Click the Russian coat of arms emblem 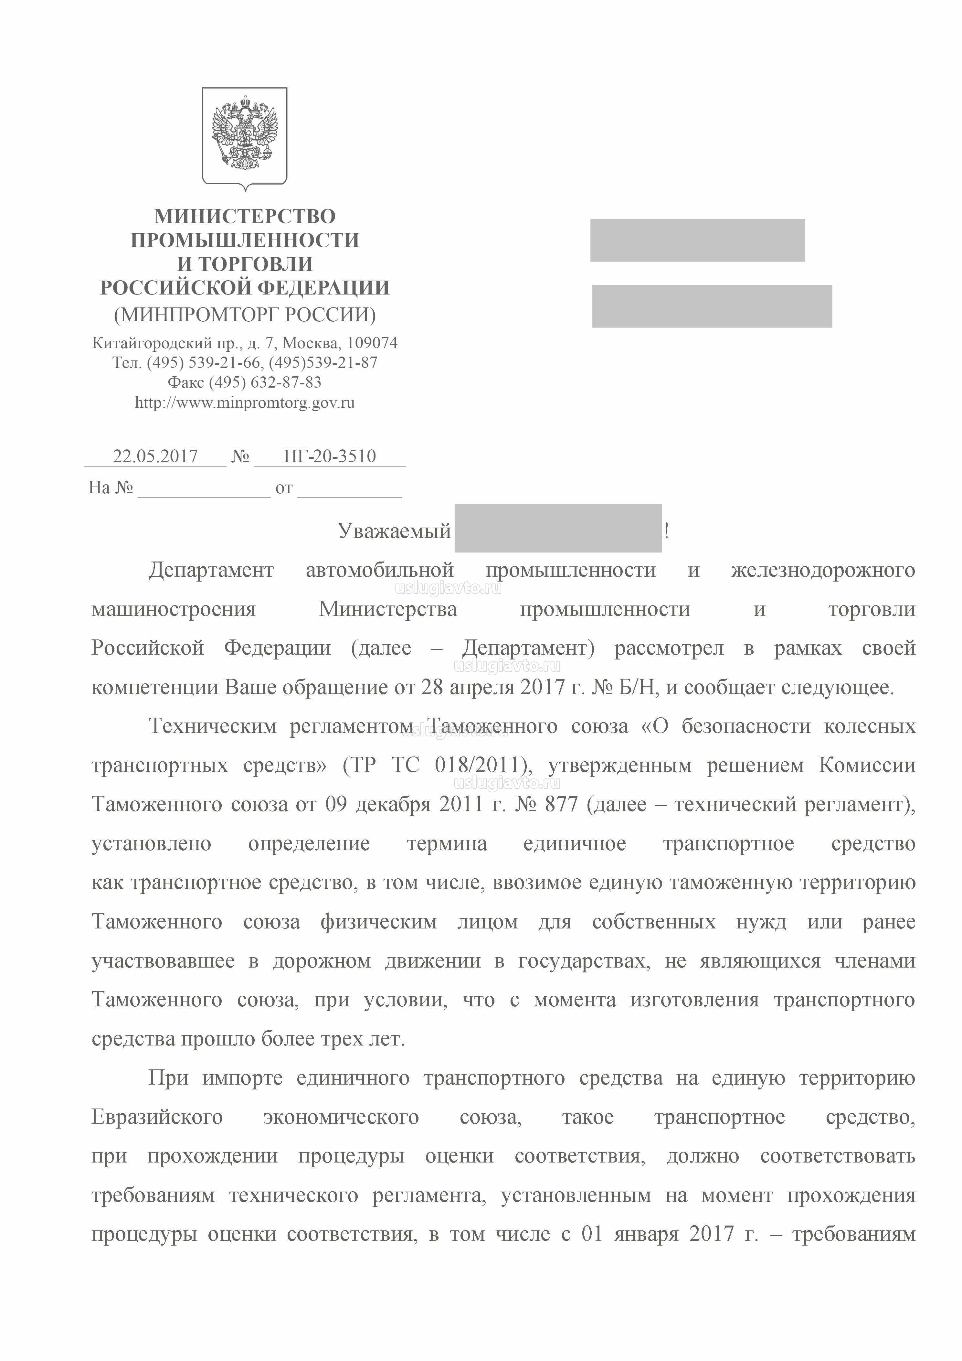[245, 137]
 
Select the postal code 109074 [372, 343]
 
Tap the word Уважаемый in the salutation [395, 531]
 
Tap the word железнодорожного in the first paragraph [823, 570]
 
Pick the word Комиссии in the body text [867, 765]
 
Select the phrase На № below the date [111, 488]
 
